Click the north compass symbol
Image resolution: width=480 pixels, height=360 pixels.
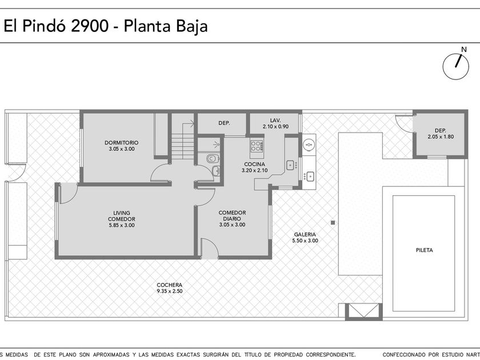[x=455, y=66]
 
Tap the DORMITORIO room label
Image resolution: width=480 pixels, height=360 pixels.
[x=122, y=143]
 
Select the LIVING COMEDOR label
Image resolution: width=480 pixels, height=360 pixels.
[x=122, y=216]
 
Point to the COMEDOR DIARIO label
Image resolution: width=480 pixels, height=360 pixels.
[x=232, y=215]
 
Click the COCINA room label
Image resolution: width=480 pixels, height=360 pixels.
[x=254, y=165]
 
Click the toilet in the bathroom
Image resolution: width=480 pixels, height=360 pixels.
[x=213, y=159]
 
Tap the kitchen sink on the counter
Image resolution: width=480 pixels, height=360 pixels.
[x=290, y=165]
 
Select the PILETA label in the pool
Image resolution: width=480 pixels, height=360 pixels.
[x=424, y=250]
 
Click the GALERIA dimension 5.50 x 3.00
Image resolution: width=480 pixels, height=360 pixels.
[x=305, y=241]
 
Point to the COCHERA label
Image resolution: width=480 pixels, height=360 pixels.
[x=169, y=285]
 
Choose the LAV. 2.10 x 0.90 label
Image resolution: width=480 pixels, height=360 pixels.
[x=275, y=123]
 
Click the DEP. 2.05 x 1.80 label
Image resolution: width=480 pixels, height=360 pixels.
[x=441, y=134]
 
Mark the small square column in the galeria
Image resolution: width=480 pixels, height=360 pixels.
[x=333, y=222]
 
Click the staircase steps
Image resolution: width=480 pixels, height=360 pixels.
[x=182, y=147]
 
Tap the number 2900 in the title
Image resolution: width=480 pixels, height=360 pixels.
[x=90, y=26]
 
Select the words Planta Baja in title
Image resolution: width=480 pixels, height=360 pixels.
[x=166, y=26]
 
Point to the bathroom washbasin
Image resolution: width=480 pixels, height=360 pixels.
[x=216, y=171]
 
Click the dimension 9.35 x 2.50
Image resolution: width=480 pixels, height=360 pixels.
[x=170, y=291]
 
